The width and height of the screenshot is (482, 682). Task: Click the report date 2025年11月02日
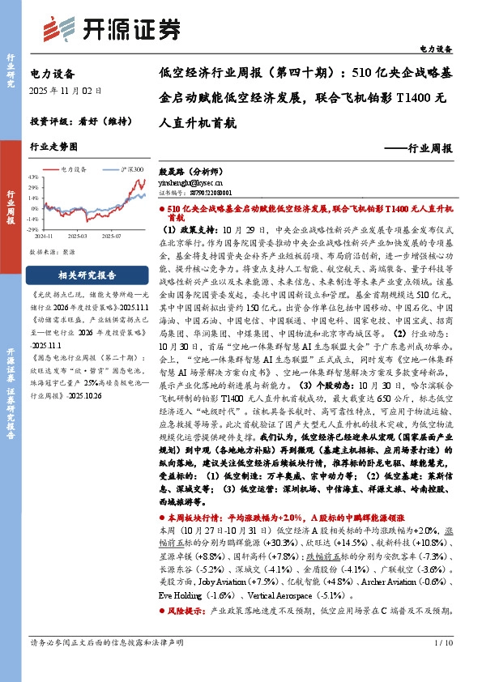(66, 90)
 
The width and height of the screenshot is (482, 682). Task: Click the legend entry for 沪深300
(132, 168)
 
